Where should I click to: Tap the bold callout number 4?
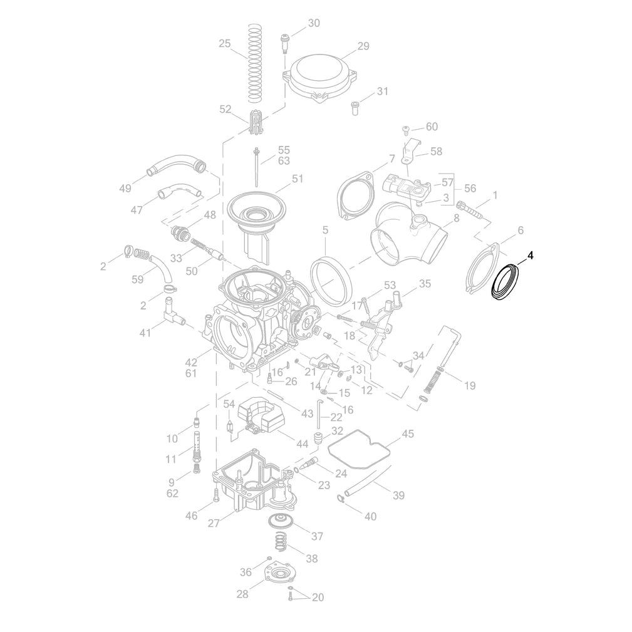(530, 256)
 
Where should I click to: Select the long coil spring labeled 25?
(254, 63)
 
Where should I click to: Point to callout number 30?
(313, 23)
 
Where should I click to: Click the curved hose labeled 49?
(177, 164)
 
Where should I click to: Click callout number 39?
(398, 496)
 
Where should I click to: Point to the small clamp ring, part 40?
(341, 499)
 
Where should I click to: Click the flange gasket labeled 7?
(354, 195)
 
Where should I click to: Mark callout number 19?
(470, 385)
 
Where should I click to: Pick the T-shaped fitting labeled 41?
(170, 313)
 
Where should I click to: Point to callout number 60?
(432, 127)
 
